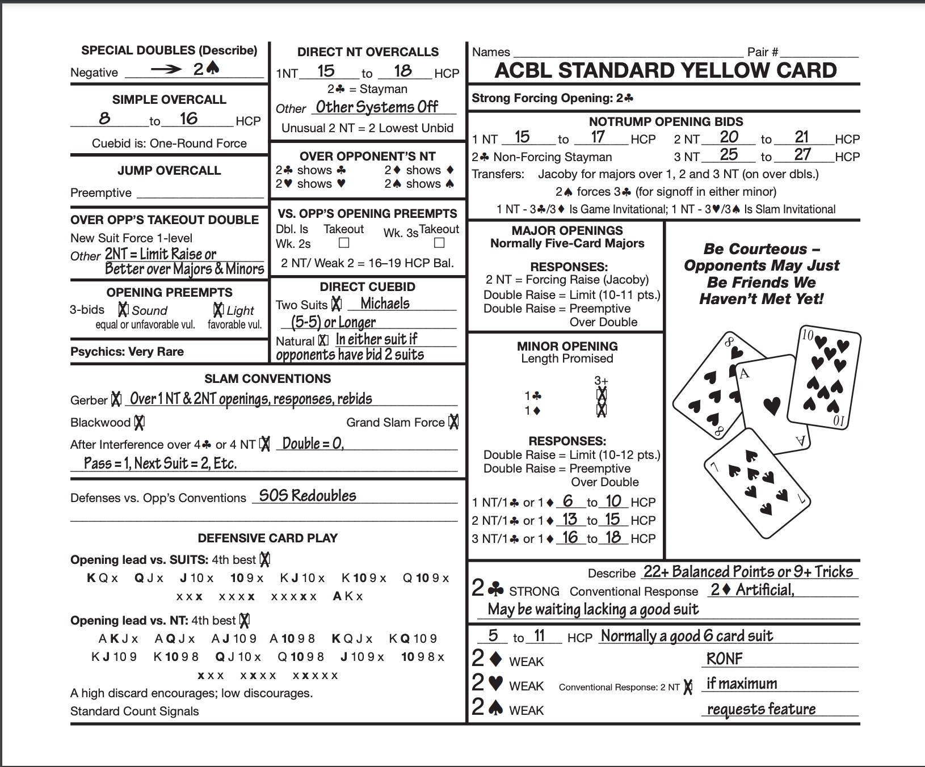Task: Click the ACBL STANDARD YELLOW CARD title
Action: click(x=666, y=70)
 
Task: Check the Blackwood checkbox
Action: click(x=139, y=422)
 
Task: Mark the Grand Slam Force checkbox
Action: click(x=453, y=422)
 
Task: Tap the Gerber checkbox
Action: click(x=116, y=399)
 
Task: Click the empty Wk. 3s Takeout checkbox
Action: click(x=439, y=243)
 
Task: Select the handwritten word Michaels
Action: click(x=385, y=304)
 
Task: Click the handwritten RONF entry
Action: click(x=724, y=659)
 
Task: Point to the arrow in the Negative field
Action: click(x=165, y=70)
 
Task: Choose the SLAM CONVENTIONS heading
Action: click(x=267, y=378)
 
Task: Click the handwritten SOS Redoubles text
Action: click(x=308, y=496)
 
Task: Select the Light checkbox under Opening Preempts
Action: click(x=218, y=310)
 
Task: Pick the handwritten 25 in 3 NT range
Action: click(x=729, y=154)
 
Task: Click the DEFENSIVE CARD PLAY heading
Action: click(x=267, y=538)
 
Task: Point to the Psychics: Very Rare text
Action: click(x=127, y=351)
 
